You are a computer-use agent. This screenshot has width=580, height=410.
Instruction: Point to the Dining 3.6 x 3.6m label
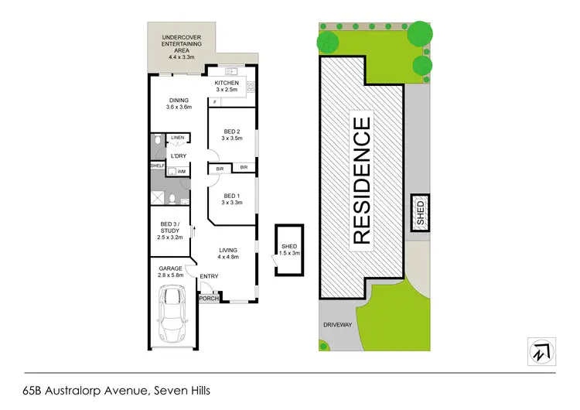tap(178, 103)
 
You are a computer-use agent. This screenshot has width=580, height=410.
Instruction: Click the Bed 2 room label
tap(232, 135)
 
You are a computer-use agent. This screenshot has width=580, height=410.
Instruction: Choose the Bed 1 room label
tap(232, 199)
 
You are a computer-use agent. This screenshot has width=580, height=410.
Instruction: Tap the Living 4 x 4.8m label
tap(228, 254)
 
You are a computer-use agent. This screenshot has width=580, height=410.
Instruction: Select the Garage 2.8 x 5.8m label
tap(171, 272)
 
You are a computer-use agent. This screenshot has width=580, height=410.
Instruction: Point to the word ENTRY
tap(209, 277)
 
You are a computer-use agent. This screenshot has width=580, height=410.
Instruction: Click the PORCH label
tap(208, 299)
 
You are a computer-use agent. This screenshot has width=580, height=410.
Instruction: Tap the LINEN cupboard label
tap(178, 138)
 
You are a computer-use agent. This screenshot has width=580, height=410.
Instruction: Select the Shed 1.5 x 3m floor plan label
tap(290, 249)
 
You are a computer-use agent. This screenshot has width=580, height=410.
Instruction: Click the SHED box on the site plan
tap(421, 211)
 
